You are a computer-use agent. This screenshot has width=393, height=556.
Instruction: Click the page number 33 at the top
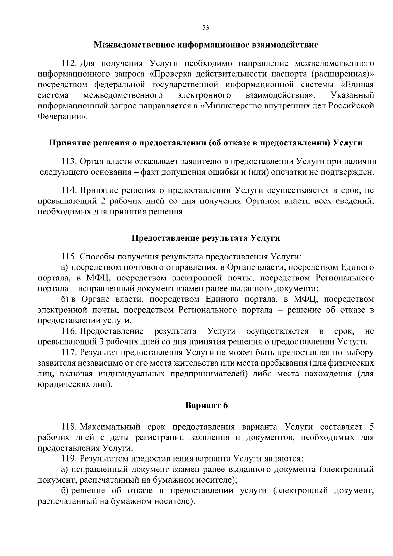(x=206, y=28)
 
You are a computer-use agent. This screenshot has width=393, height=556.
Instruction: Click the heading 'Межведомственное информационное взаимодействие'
(x=206, y=45)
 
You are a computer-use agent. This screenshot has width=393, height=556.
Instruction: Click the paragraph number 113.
(x=68, y=161)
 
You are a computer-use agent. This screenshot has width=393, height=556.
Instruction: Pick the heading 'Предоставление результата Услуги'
(x=206, y=238)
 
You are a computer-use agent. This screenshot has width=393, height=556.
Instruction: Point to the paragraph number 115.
(x=68, y=256)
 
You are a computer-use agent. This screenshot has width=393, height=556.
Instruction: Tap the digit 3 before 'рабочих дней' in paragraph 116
(x=101, y=342)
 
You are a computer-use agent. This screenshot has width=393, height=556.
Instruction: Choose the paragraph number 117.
(x=68, y=353)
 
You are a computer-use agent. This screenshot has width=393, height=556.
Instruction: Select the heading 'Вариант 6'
(x=206, y=405)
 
